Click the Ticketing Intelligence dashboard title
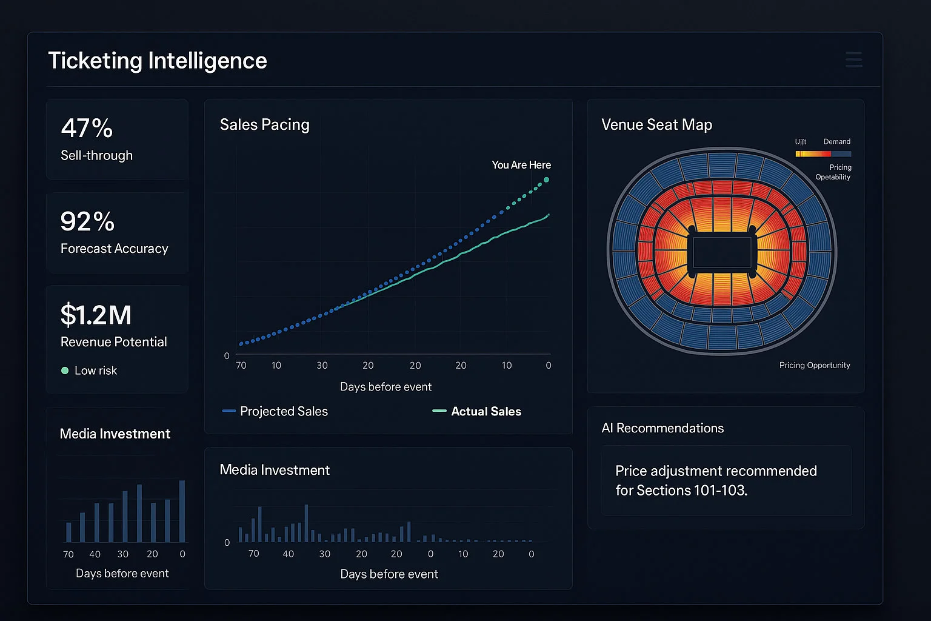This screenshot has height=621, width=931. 157,61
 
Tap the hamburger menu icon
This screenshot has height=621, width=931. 853,59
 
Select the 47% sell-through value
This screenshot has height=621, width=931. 87,128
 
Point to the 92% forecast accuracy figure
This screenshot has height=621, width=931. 87,221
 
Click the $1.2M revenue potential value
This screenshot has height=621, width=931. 96,315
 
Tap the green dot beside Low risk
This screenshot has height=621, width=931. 65,371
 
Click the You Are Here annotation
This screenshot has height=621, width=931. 521,165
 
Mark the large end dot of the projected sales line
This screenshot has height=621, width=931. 547,180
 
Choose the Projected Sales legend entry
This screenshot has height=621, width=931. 276,411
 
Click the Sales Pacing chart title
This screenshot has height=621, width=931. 264,124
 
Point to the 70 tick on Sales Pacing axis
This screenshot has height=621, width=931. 241,365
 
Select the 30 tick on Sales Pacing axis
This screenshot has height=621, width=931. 322,365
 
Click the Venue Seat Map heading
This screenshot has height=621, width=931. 656,124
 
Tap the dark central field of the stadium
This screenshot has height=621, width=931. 721,252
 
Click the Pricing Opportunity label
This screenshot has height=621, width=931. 814,365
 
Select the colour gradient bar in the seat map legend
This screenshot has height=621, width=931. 823,154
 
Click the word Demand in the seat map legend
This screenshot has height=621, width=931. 836,142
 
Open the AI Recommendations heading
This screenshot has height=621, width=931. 662,428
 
